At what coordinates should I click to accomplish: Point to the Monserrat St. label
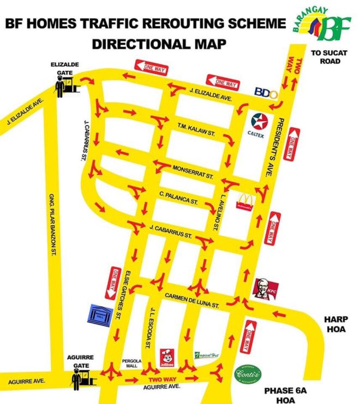193,171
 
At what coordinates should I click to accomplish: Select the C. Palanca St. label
178,198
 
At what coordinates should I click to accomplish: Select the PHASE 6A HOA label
283,395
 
